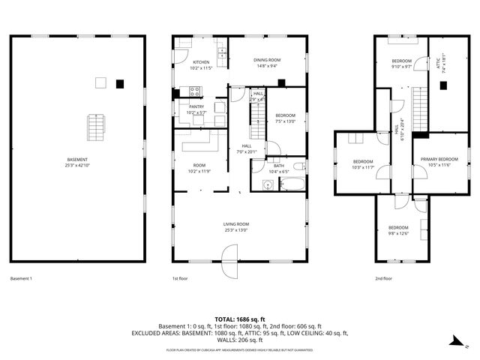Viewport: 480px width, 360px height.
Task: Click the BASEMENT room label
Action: click(76, 160)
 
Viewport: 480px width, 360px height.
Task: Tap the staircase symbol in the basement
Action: click(94, 127)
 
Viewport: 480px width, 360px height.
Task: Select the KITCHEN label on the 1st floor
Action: click(201, 62)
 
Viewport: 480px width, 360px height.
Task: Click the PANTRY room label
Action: click(196, 106)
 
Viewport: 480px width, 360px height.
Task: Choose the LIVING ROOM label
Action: click(235, 224)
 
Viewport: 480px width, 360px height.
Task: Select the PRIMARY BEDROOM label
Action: click(439, 159)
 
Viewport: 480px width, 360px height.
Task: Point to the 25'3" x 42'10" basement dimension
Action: click(76, 165)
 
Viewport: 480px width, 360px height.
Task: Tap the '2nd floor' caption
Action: click(383, 278)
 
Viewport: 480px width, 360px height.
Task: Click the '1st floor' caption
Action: click(180, 278)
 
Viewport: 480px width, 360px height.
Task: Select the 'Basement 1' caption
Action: click(20, 278)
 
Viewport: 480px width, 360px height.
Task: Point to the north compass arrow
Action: click(455, 341)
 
